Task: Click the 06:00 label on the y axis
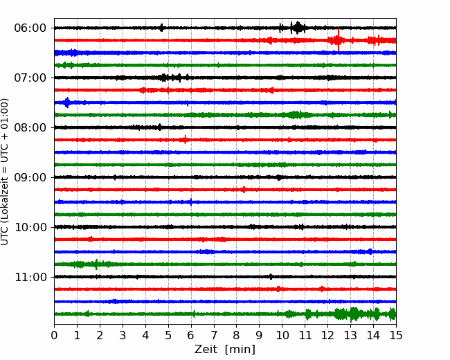[x=30, y=28]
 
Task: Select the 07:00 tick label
[x=30, y=78]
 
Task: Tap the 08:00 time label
[x=30, y=127]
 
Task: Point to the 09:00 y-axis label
[x=30, y=177]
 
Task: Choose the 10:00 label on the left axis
[x=30, y=227]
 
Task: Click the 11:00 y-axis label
[x=30, y=277]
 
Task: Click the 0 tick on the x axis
[x=54, y=335]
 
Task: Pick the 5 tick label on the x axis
[x=168, y=335]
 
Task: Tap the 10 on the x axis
[x=282, y=335]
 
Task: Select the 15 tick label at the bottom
[x=396, y=335]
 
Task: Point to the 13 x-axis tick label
[x=350, y=335]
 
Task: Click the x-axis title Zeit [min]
[x=225, y=350]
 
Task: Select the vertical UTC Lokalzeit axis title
[x=4, y=172]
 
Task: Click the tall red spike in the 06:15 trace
[x=339, y=40]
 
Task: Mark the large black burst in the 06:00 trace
[x=298, y=28]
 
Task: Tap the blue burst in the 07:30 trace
[x=67, y=102]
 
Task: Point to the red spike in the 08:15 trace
[x=185, y=140]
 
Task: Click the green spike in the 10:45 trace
[x=96, y=264]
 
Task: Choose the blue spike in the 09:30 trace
[x=191, y=202]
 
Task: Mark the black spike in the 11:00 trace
[x=271, y=277]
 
